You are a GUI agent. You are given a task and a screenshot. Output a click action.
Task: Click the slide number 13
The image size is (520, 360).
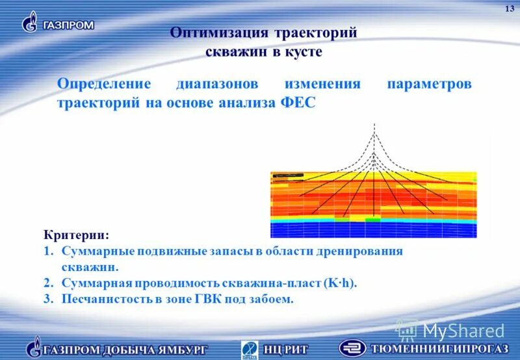point(509,7)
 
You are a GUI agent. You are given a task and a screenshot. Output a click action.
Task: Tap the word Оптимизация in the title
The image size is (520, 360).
point(219,33)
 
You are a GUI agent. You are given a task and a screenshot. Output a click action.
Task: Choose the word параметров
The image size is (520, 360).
point(428,85)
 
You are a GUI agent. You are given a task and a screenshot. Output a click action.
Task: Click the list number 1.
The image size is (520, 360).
point(49,251)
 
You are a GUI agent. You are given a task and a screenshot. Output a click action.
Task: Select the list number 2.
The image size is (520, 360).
point(49,283)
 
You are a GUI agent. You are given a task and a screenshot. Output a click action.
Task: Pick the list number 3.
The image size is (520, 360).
point(49,300)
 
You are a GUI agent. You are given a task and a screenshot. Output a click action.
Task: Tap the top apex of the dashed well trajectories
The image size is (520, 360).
point(374,124)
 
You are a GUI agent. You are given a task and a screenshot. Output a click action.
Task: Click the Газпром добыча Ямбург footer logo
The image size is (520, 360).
point(117,348)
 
